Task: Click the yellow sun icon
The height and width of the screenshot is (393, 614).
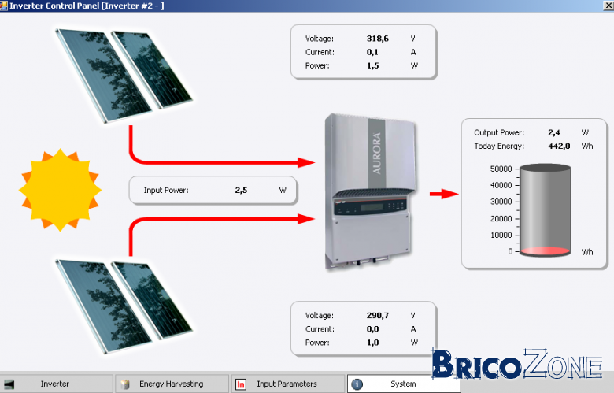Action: [x=60, y=191]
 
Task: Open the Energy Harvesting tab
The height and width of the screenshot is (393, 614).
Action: [x=172, y=384]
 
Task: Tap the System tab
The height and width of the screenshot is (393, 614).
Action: [x=403, y=384]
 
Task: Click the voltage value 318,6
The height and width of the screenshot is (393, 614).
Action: [x=378, y=39]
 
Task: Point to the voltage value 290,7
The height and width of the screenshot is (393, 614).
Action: [x=378, y=315]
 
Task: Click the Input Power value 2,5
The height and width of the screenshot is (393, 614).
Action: [x=241, y=191]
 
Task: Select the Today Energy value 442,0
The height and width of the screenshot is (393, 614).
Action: [x=559, y=146]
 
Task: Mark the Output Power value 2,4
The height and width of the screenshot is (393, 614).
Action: [x=553, y=133]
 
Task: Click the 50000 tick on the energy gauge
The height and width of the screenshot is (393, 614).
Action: [x=501, y=169]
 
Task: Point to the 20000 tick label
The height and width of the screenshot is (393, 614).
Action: [x=501, y=219]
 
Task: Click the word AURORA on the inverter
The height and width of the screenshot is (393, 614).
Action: [x=377, y=154]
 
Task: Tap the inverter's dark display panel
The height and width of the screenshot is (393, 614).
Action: [x=370, y=206]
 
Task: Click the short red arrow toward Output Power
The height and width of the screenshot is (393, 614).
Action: [x=444, y=194]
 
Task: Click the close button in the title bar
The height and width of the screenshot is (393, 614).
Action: [x=609, y=6]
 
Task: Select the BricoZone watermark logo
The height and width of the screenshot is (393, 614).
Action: [x=517, y=365]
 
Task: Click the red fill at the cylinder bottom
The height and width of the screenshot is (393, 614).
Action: [x=545, y=251]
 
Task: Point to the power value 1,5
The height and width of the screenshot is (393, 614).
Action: [x=373, y=66]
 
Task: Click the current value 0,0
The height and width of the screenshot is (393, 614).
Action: [x=373, y=329]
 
